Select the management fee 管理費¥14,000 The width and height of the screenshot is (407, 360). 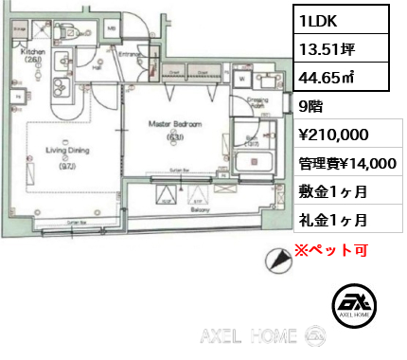346,163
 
